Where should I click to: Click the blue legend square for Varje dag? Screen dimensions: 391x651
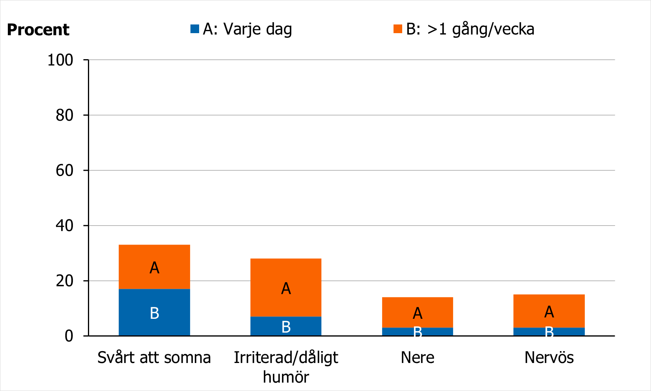195,29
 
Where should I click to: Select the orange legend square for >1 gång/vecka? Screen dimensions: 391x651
397,29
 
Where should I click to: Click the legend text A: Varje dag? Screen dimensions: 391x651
248,29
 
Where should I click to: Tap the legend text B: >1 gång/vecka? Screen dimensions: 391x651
470,29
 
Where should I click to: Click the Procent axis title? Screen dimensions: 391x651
38,30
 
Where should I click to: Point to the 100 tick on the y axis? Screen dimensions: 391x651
60,60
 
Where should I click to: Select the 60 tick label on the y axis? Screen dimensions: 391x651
64,170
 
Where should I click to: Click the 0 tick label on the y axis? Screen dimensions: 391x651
69,336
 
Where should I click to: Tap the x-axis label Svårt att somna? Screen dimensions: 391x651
154,357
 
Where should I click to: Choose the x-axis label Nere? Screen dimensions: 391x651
418,357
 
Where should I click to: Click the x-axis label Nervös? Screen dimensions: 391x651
549,357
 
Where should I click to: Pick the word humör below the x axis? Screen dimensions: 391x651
286,377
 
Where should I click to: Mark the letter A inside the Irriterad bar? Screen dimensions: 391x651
286,288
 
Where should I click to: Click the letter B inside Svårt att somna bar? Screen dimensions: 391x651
155,313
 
